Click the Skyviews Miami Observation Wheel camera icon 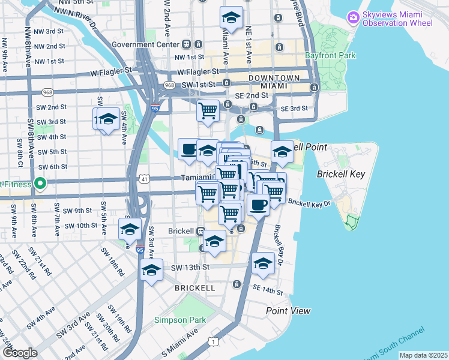point(353,17)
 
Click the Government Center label point(145,44)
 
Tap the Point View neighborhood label point(289,311)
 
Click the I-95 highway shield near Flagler point(155,109)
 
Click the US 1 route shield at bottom point(213,341)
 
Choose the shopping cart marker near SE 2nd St point(208,111)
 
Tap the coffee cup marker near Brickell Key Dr point(259,204)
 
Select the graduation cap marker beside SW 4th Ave point(109,119)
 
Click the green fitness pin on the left point(40,184)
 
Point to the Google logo point(20,353)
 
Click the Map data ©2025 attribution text point(423,355)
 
